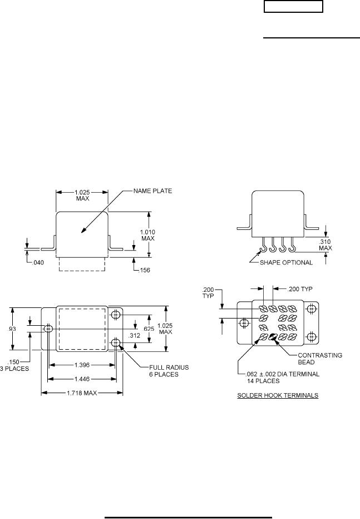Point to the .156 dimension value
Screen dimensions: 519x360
point(144,270)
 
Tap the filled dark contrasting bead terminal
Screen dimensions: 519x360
point(274,337)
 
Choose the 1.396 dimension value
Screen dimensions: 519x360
point(82,365)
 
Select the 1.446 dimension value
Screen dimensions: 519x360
point(82,379)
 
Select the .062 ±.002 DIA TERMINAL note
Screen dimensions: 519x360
point(275,378)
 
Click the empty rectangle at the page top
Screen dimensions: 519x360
point(293,7)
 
